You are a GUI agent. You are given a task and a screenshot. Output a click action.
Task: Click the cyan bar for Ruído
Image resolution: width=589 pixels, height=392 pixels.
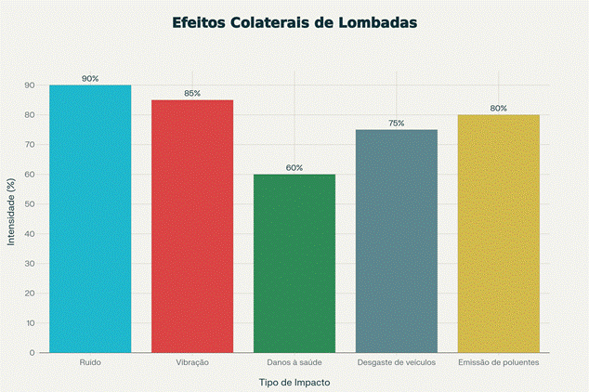click(x=90, y=218)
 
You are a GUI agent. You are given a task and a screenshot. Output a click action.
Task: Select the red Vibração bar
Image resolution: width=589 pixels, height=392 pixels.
click(x=192, y=226)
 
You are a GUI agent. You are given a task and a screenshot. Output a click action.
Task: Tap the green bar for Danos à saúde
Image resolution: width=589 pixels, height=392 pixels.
click(x=294, y=263)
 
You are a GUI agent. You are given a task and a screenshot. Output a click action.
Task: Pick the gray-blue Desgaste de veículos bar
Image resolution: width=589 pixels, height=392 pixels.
click(x=397, y=241)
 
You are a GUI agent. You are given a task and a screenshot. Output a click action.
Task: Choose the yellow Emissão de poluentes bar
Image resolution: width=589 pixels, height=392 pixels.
click(x=499, y=233)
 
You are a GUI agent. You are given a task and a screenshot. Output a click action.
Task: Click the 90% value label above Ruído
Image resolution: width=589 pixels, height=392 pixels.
click(x=90, y=79)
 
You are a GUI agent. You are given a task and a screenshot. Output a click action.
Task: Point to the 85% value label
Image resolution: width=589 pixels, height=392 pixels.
click(x=192, y=94)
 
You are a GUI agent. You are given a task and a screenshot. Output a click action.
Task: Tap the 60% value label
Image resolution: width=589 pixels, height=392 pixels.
click(x=294, y=168)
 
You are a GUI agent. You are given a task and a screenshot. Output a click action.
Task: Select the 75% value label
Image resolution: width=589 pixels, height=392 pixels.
click(x=397, y=124)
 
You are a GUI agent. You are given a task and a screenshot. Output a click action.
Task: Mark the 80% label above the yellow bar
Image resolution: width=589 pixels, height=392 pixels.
click(x=499, y=109)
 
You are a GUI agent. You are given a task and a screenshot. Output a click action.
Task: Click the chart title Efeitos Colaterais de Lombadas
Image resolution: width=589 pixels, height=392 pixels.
click(x=294, y=21)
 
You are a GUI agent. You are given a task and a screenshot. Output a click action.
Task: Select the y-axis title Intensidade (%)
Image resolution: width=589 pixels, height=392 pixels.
click(x=11, y=218)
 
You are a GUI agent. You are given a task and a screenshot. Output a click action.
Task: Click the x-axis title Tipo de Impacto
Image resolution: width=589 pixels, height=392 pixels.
click(x=294, y=382)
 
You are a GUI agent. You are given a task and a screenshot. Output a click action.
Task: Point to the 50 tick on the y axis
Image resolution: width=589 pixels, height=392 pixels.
click(x=30, y=204)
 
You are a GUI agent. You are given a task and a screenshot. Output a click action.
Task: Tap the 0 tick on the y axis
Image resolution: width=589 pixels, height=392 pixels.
click(x=32, y=353)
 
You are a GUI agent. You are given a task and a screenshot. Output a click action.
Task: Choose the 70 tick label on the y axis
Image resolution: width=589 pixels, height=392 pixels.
click(x=30, y=145)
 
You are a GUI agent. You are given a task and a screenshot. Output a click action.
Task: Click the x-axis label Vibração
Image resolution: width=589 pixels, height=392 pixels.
click(x=192, y=361)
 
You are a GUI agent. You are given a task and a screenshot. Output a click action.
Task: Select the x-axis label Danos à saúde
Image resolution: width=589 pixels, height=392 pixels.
click(x=294, y=361)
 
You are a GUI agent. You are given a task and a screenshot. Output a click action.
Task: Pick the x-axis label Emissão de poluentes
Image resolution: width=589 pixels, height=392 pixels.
click(x=499, y=361)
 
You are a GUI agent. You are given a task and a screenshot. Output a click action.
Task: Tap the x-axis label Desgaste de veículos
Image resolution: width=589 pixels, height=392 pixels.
click(x=397, y=361)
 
